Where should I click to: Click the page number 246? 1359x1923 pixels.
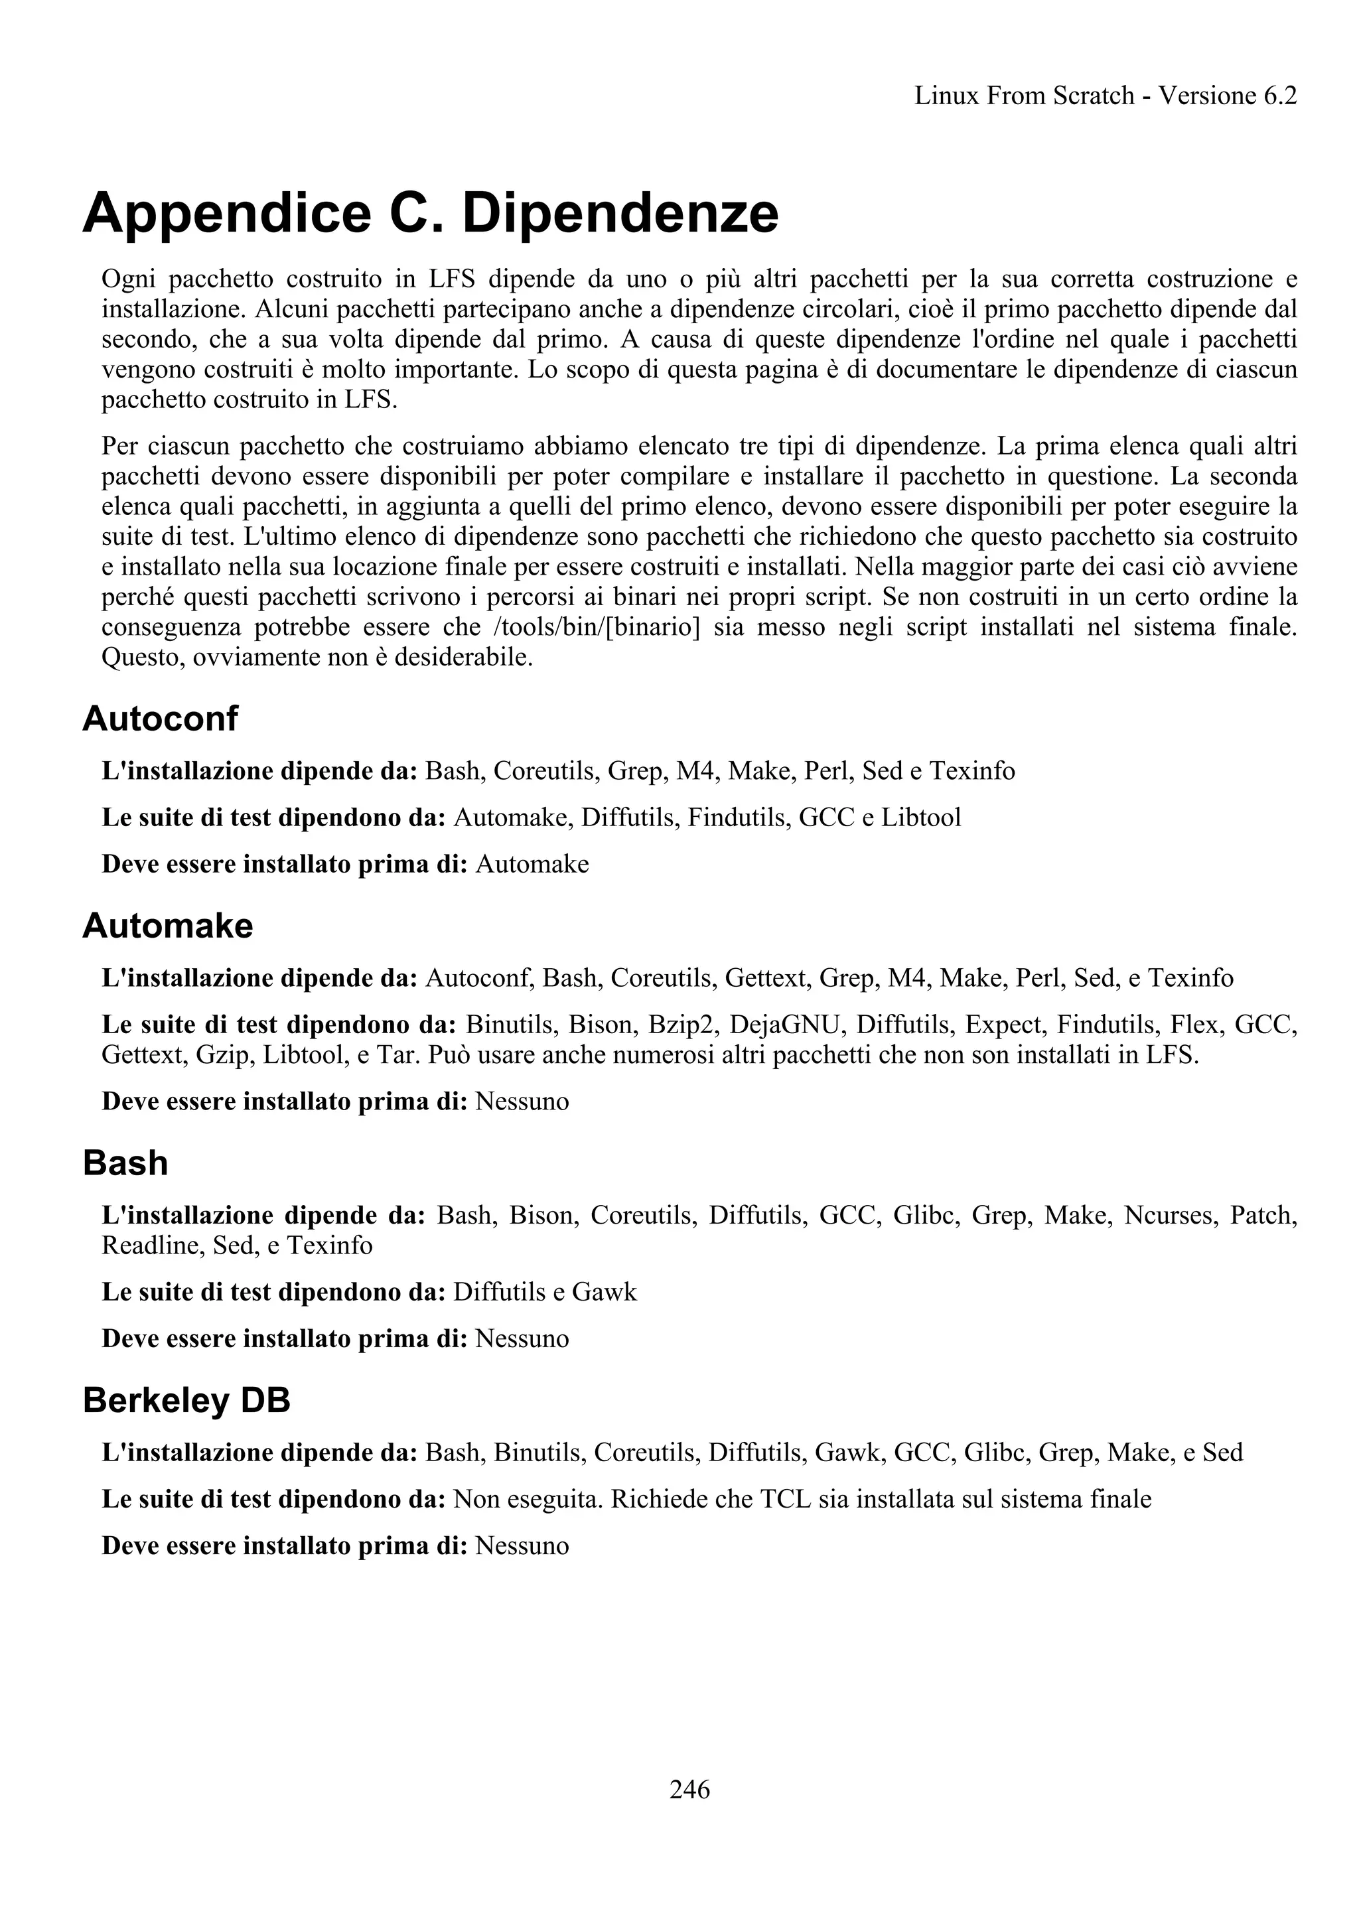(x=689, y=1789)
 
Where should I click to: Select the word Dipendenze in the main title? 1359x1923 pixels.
(x=620, y=213)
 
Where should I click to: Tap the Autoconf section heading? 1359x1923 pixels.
(x=160, y=719)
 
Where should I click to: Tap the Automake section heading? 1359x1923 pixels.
(x=167, y=926)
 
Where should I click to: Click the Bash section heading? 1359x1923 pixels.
(x=125, y=1163)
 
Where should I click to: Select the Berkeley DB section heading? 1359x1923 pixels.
(x=186, y=1400)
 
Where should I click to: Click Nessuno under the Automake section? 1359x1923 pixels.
(x=522, y=1101)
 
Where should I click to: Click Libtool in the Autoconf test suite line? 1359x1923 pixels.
(x=921, y=817)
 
